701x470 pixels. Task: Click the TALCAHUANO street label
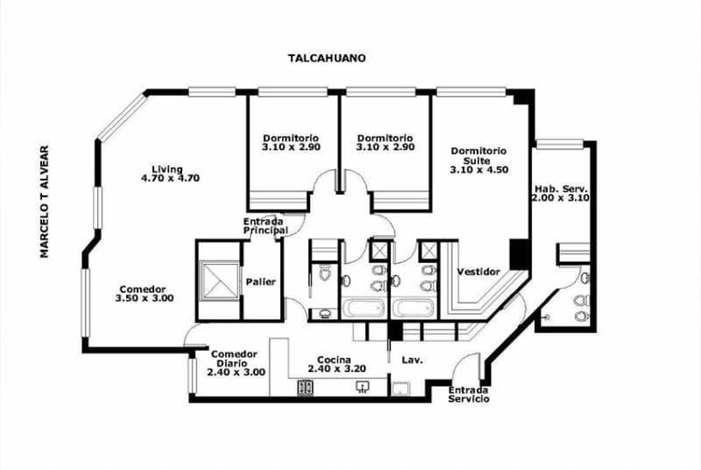pyautogui.click(x=327, y=58)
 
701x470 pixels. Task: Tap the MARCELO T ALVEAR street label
pyautogui.click(x=44, y=202)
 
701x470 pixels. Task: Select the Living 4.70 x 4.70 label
pyautogui.click(x=170, y=174)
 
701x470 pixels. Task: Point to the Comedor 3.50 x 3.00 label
pyautogui.click(x=145, y=294)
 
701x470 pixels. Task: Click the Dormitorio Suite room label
pyautogui.click(x=478, y=160)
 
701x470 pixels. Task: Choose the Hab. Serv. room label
pyautogui.click(x=561, y=193)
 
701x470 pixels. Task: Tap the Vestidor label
pyautogui.click(x=478, y=272)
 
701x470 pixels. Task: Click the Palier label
pyautogui.click(x=261, y=282)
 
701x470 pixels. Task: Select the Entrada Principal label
pyautogui.click(x=266, y=226)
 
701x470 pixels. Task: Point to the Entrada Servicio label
pyautogui.click(x=469, y=395)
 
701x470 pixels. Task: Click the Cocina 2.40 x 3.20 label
pyautogui.click(x=336, y=365)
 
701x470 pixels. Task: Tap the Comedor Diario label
pyautogui.click(x=236, y=363)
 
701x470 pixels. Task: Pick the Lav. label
pyautogui.click(x=412, y=360)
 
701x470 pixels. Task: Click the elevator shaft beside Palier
pyautogui.click(x=220, y=281)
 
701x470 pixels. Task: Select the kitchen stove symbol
pyautogui.click(x=306, y=388)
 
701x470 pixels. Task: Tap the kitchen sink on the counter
pyautogui.click(x=363, y=387)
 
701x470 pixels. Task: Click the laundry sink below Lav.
pyautogui.click(x=400, y=388)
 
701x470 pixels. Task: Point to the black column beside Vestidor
pyautogui.click(x=519, y=254)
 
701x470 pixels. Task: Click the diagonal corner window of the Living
pyautogui.click(x=123, y=117)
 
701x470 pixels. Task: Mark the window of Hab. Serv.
pyautogui.click(x=560, y=144)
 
